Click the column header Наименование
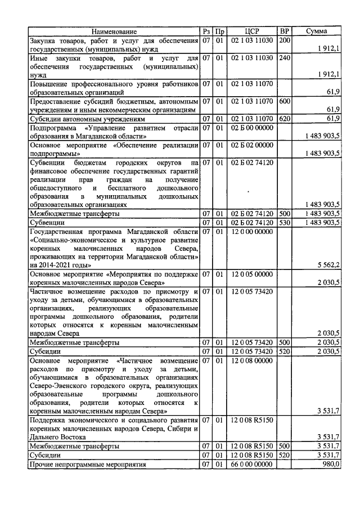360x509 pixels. pos(114,31)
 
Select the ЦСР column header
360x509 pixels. pos(252,31)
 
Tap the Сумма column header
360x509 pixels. pos(316,31)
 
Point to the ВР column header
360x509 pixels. pos(285,31)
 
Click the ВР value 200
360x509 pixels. pos(285,40)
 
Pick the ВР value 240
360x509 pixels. pos(285,58)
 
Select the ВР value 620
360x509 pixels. pos(285,119)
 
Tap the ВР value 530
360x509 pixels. pos(285,223)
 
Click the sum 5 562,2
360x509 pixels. pos(328,264)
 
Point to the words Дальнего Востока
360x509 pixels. pos(57,436)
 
